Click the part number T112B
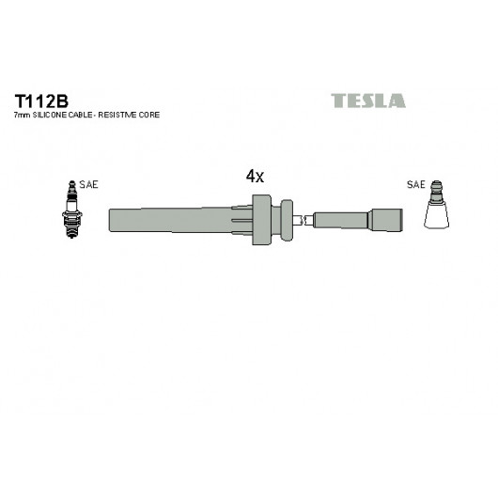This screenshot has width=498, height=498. [41, 101]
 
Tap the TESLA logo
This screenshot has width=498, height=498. [368, 101]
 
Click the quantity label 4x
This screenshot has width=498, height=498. [255, 176]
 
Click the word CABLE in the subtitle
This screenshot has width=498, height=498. [81, 115]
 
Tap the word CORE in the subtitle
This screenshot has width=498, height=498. [149, 115]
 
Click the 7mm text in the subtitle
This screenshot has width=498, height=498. [23, 115]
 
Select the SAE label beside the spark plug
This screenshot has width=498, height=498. [88, 184]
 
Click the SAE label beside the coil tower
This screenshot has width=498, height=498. [415, 184]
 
